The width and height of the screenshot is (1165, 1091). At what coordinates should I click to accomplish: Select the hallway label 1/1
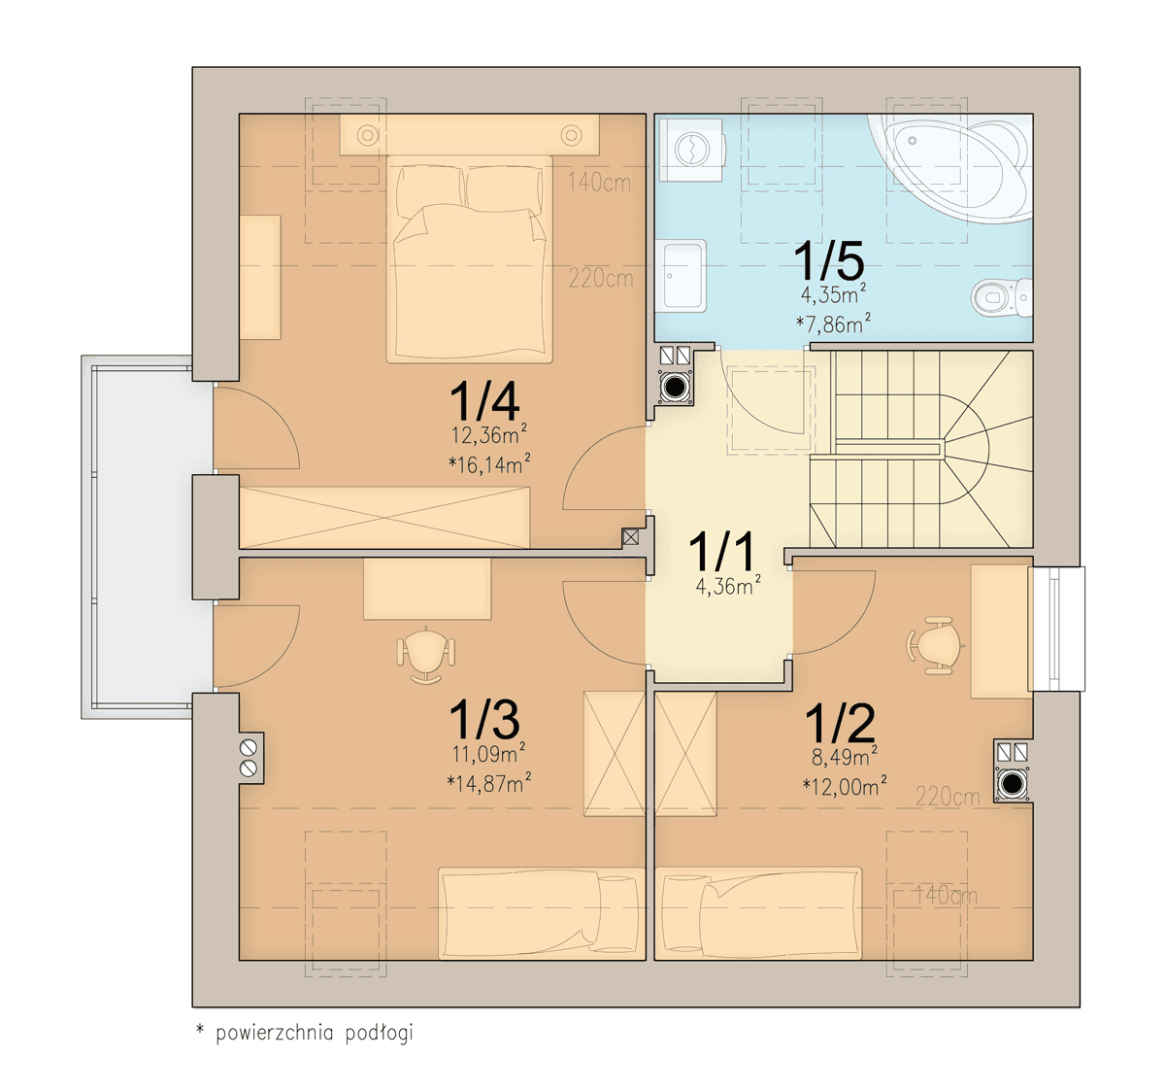coord(721,552)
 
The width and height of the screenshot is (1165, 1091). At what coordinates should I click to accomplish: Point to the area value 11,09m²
coord(488,753)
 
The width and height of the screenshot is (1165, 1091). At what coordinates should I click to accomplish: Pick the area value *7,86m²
coord(833,323)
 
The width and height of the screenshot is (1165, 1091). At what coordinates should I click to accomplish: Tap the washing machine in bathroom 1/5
coord(691,150)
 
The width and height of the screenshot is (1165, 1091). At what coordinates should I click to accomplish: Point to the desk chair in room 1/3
coord(426,655)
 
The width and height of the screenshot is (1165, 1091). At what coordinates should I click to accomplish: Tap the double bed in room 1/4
coord(469,258)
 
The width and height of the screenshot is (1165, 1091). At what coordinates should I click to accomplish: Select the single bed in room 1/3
coord(542,913)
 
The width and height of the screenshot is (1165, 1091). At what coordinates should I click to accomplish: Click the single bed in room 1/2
coord(758,913)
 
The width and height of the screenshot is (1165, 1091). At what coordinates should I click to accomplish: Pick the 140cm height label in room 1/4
coord(599,184)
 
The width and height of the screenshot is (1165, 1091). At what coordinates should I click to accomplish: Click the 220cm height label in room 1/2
coord(948,797)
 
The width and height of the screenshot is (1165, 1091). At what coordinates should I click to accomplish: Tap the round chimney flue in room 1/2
coord(1012,784)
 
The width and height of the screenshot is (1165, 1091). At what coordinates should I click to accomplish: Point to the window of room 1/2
coord(1059,629)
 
